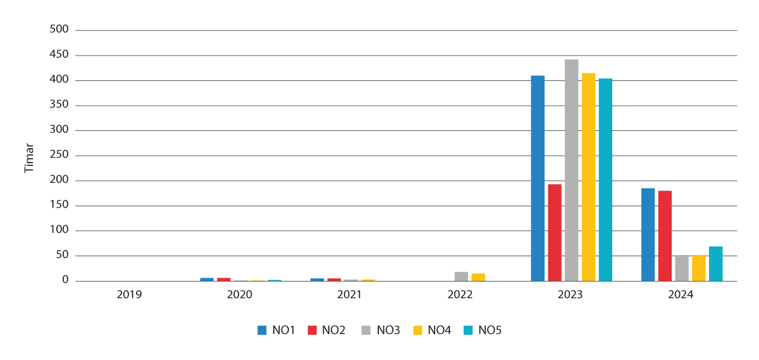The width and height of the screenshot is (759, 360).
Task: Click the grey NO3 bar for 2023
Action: [x=572, y=170]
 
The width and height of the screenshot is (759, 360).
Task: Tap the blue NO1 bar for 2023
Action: [x=538, y=178]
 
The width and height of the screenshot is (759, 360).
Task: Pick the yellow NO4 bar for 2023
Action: [x=588, y=177]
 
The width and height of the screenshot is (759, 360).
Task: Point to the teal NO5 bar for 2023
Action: [x=605, y=180]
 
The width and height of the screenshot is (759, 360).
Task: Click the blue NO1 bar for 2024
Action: [x=648, y=235]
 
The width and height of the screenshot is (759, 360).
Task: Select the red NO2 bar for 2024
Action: [x=665, y=236]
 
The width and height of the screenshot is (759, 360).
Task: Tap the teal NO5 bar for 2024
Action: [x=715, y=264]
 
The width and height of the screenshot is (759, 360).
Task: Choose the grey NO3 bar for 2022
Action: [x=461, y=276]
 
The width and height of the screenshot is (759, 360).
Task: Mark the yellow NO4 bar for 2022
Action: [x=478, y=277]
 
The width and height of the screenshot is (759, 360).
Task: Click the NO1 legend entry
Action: [x=276, y=330]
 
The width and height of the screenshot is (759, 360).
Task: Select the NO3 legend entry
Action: [x=381, y=330]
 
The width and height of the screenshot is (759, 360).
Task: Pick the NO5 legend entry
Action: [x=482, y=330]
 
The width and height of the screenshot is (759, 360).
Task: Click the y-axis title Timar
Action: [x=28, y=158]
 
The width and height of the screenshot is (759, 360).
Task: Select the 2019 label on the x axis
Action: [x=130, y=295]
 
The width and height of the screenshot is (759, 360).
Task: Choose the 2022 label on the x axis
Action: [x=460, y=295]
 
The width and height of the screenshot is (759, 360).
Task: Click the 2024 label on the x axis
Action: [x=681, y=295]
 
